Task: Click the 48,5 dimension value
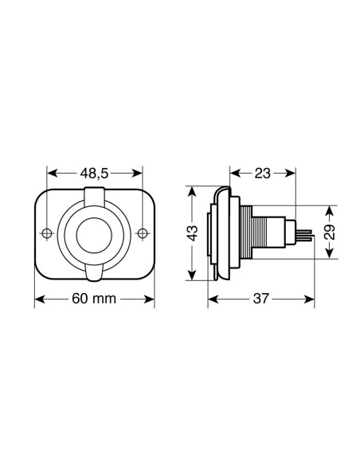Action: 94,173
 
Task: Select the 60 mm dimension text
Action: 94,299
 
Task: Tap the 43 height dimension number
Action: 191,233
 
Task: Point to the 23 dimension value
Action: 264,173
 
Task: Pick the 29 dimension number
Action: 330,232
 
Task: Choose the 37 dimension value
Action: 260,299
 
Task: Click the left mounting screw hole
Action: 48,233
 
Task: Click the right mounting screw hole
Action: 142,233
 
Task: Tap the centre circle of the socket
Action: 95,233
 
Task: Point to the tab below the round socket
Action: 95,273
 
